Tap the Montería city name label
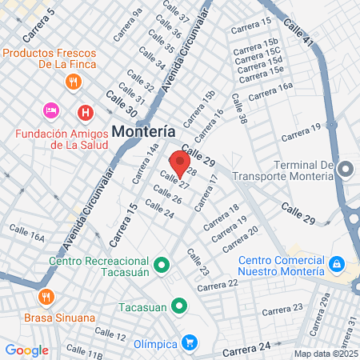(144, 130)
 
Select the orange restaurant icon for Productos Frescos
(73, 81)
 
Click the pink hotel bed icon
(50, 109)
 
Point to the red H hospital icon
(84, 112)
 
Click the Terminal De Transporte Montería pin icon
(346, 169)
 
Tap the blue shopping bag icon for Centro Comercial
(337, 263)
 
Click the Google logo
(27, 350)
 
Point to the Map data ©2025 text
(325, 353)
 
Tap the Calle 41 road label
(298, 32)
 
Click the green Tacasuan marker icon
(180, 306)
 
